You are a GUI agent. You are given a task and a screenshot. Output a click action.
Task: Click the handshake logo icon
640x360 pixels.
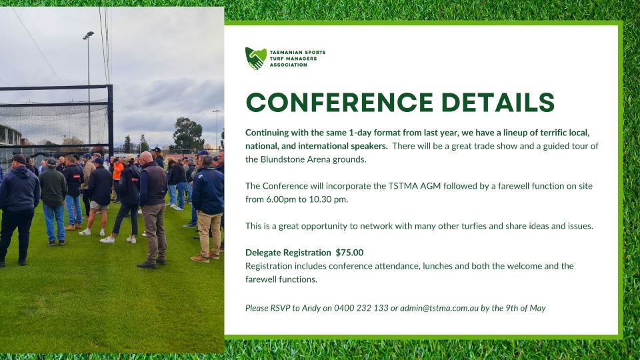[255, 59]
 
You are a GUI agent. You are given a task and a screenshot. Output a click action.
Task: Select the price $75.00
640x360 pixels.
[349, 253]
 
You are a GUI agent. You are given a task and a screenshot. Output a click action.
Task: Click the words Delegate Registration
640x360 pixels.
[288, 253]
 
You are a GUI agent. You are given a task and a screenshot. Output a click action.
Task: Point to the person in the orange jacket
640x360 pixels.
[118, 171]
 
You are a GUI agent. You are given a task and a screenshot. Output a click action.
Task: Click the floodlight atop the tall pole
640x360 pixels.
[88, 35]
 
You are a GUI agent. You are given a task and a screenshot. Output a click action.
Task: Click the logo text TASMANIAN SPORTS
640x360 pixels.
[297, 52]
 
